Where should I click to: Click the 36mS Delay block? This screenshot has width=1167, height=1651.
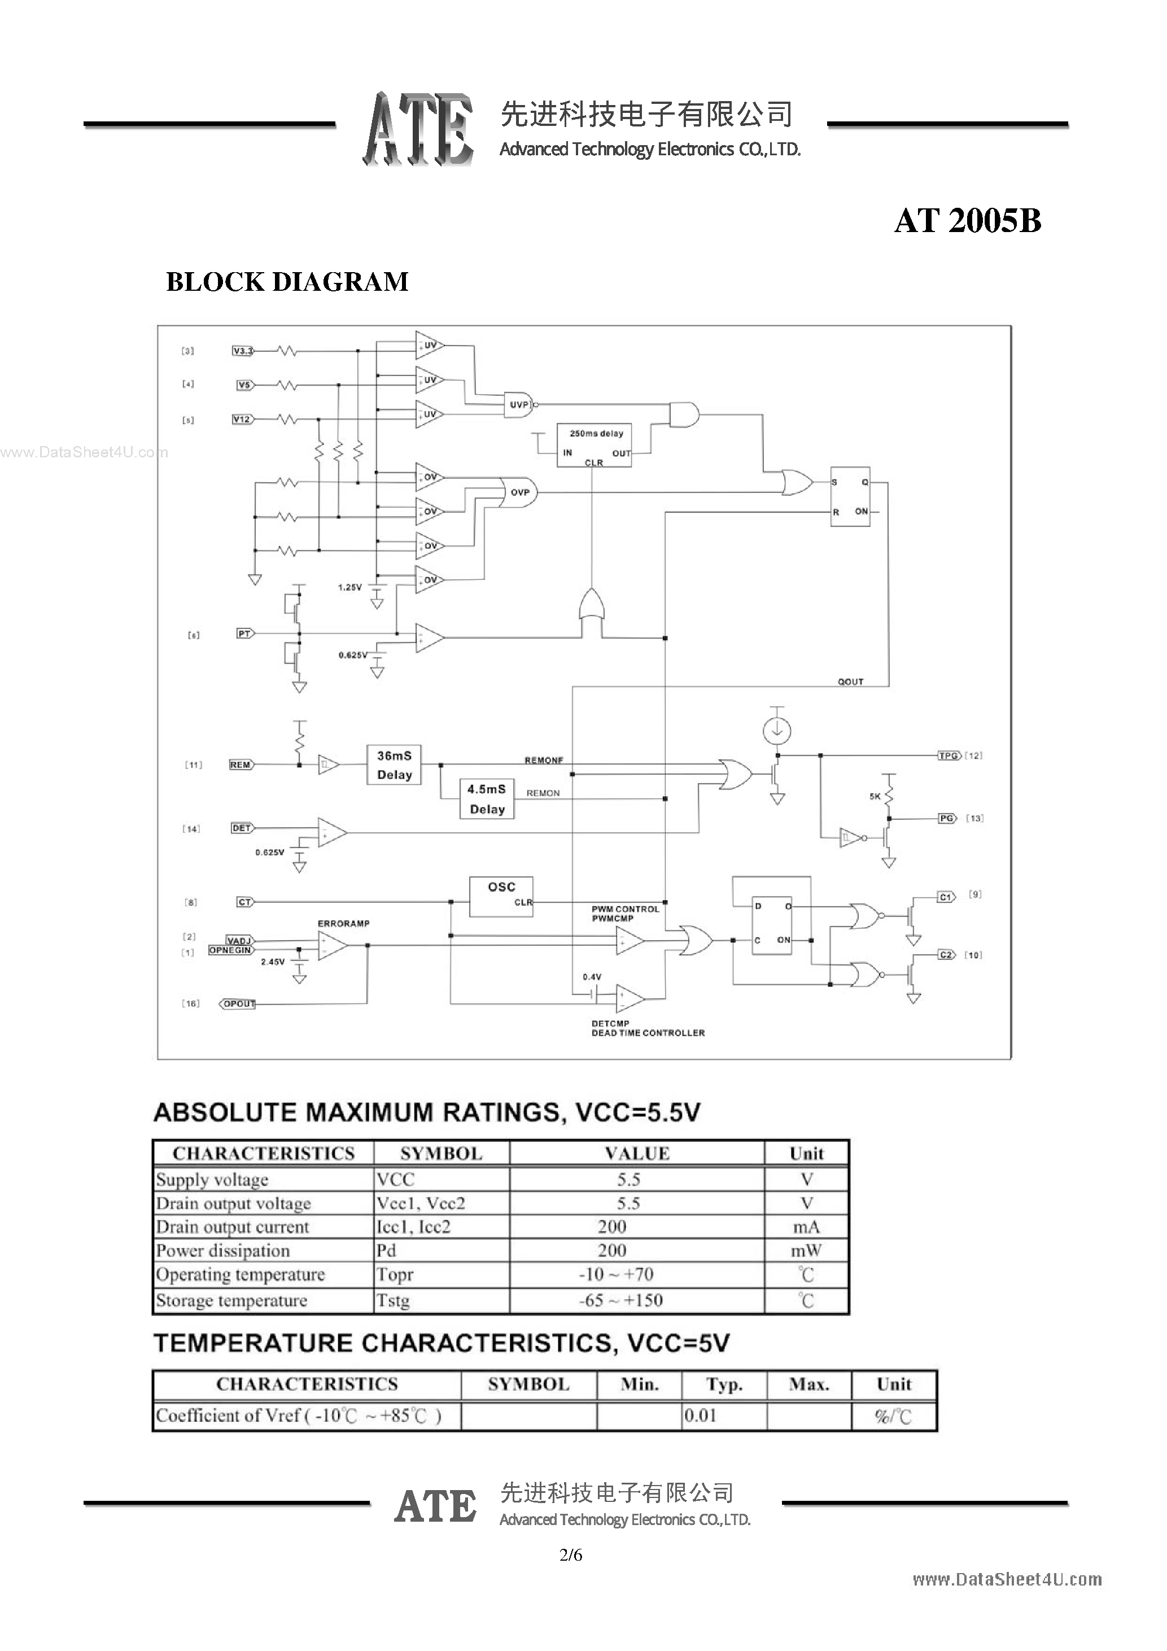394,765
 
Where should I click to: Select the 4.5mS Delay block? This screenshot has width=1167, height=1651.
487,799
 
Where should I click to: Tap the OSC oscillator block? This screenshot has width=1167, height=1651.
501,896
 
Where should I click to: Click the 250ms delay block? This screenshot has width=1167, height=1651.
594,444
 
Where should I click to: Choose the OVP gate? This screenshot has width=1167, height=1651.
520,492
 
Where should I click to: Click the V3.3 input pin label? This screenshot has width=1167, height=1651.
243,351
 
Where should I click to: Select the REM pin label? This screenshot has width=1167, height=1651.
240,765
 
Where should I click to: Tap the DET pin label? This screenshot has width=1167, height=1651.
242,828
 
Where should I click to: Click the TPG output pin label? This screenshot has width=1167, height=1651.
949,755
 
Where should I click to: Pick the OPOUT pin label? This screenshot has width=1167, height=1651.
239,1004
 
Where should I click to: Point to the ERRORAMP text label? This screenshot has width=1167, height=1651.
344,923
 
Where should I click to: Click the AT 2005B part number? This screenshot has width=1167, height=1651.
967,221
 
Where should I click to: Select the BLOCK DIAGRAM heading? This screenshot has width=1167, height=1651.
287,282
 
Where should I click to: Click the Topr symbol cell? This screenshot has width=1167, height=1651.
395,1275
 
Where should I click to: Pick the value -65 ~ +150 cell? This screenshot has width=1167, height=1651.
620,1300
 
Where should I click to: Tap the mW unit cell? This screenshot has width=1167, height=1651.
806,1251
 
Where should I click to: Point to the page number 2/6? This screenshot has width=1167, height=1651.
571,1556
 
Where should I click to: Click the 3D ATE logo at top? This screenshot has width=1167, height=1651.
418,129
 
